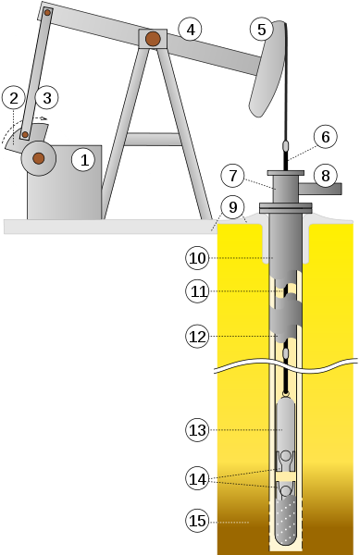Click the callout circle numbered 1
pyautogui.click(x=84, y=159)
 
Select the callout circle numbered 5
pyautogui.click(x=261, y=30)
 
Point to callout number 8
pyautogui.click(x=324, y=175)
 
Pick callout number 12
pyautogui.click(x=198, y=337)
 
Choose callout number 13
pyautogui.click(x=198, y=429)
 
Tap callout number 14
pyautogui.click(x=198, y=478)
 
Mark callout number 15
pyautogui.click(x=198, y=522)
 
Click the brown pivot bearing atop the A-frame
pyautogui.click(x=153, y=39)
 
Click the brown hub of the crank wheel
pyautogui.click(x=39, y=159)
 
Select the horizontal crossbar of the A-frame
pyautogui.click(x=153, y=139)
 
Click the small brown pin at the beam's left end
pyautogui.click(x=47, y=12)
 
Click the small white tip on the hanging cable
pyautogui.click(x=286, y=145)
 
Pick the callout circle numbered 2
pyautogui.click(x=13, y=96)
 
